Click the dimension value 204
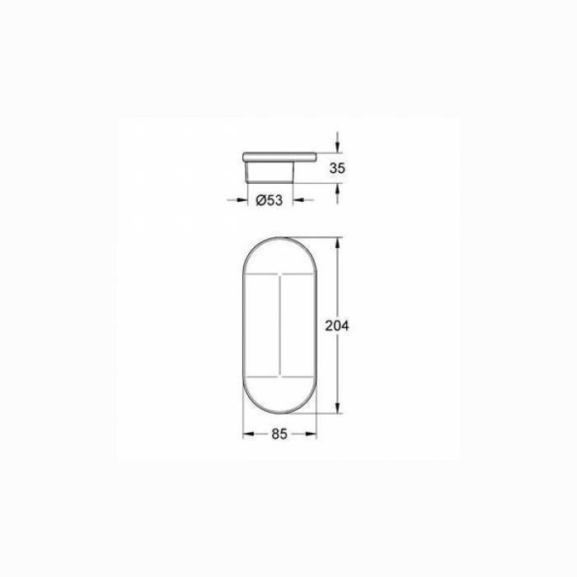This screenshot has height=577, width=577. [x=337, y=326]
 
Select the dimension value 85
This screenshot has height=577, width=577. [x=279, y=434]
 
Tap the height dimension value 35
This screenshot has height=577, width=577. [x=336, y=168]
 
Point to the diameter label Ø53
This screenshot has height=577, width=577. [x=270, y=200]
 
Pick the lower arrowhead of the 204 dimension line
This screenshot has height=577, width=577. [x=336, y=409]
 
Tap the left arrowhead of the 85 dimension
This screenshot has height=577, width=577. [x=246, y=434]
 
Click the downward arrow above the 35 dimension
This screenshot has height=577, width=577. [x=336, y=148]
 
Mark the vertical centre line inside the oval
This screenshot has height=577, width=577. [x=279, y=326]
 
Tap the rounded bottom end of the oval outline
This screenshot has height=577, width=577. [x=279, y=414]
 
